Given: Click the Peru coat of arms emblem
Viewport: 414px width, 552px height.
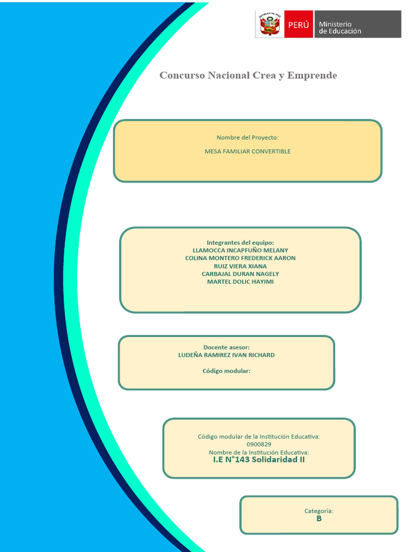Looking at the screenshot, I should (270, 24).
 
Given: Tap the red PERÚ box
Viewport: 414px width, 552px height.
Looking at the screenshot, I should (299, 25).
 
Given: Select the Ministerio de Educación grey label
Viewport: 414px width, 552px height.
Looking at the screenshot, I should (357, 25).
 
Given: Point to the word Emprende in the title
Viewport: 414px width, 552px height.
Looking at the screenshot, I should (312, 75).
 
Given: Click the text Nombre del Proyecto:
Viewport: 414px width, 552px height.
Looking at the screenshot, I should (247, 138).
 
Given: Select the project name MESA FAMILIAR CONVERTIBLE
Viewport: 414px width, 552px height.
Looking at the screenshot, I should (247, 151).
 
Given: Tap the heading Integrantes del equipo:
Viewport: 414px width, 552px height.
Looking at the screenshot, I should (240, 243).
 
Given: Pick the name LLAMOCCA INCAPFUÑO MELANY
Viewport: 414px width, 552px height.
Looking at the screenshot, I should (240, 251).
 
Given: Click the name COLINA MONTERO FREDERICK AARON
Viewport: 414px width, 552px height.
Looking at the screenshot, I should (240, 258).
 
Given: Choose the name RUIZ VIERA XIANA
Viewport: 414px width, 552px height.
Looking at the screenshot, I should (240, 266).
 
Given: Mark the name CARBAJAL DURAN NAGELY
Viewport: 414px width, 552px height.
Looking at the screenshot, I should (240, 274).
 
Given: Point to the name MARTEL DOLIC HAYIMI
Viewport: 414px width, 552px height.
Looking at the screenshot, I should (240, 282).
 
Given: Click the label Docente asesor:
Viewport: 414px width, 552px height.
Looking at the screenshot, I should (226, 347).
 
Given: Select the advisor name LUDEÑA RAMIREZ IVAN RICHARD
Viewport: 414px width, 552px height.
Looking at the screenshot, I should (226, 355).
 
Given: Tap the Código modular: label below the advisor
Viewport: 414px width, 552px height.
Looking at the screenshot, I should (226, 371).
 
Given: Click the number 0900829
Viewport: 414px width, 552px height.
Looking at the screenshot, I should (259, 444).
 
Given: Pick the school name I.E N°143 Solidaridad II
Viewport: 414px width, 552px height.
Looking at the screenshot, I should (259, 460).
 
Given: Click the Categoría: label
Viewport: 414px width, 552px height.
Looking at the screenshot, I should (319, 510).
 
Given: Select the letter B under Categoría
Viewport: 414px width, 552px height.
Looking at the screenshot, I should (319, 519).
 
